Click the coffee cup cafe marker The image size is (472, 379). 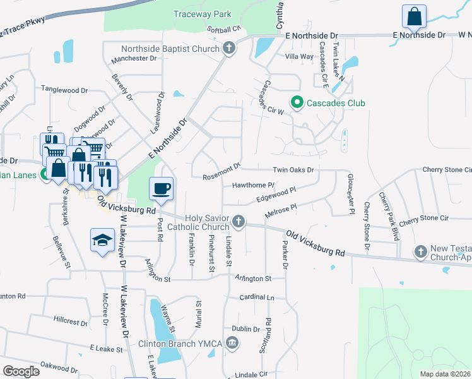pyautogui.click(x=161, y=188)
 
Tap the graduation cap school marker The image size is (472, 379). pyautogui.click(x=102, y=240)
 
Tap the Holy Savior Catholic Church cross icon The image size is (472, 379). pyautogui.click(x=238, y=221)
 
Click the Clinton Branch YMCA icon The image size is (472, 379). pyautogui.click(x=232, y=344)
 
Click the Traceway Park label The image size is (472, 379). pyautogui.click(x=203, y=14)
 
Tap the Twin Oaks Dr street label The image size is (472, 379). pyautogui.click(x=293, y=170)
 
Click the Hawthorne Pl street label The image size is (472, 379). pyautogui.click(x=253, y=185)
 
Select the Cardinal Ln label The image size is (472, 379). pyautogui.click(x=257, y=297)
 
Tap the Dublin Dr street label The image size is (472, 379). pyautogui.click(x=245, y=329)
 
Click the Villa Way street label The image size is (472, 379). pyautogui.click(x=299, y=56)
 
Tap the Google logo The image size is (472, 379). pyautogui.click(x=21, y=371)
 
